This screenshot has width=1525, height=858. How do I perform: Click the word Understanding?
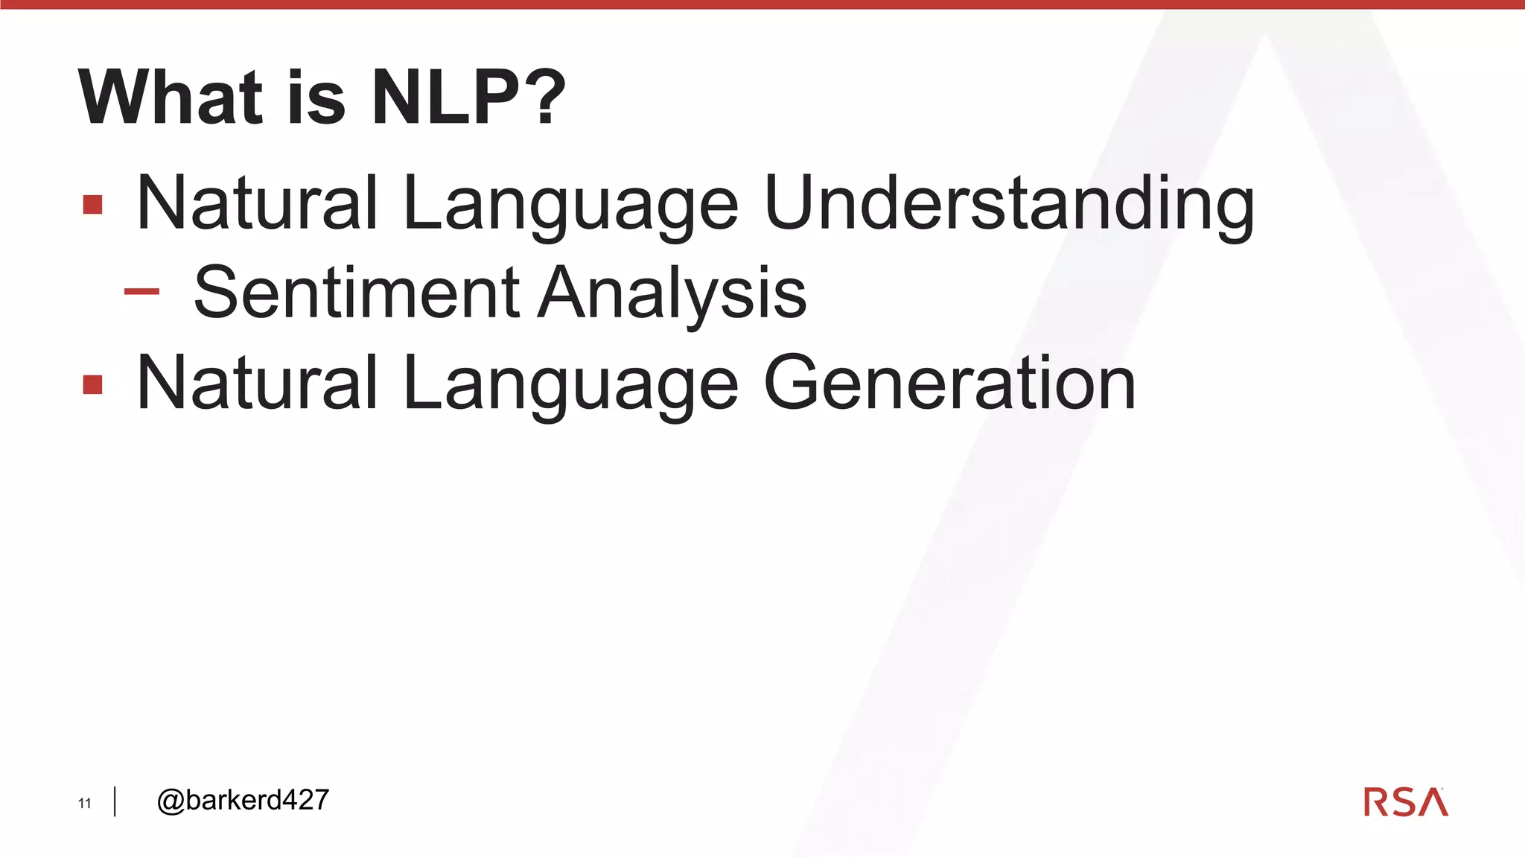1009,203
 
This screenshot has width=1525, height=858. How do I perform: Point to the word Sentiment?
357,293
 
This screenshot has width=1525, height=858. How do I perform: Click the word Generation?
949,383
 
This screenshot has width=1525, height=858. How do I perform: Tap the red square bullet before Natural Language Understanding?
93,204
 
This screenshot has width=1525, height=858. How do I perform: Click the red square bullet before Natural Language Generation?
93,384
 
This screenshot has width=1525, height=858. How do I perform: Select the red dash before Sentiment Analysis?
141,292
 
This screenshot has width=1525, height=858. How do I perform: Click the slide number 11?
85,803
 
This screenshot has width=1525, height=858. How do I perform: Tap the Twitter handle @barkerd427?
243,800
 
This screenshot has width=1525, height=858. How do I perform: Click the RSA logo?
1405,802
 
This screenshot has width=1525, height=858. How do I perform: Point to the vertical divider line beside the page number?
115,801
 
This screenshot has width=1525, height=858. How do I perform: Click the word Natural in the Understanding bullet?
258,203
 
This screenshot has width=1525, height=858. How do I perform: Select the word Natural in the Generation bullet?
258,383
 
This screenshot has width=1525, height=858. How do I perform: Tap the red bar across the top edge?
762,4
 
